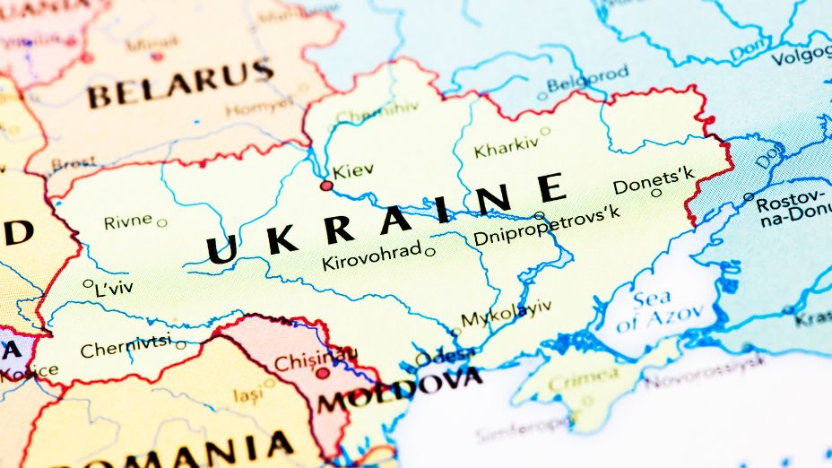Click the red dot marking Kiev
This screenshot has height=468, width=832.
(x=326, y=186)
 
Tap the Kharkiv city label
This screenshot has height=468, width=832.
(x=507, y=148)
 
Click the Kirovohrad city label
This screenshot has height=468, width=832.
(x=371, y=257)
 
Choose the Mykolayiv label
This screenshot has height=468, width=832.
(x=506, y=314)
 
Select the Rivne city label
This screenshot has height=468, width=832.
(x=128, y=221)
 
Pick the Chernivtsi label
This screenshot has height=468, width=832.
(x=126, y=347)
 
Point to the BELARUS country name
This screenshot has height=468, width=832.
(x=179, y=82)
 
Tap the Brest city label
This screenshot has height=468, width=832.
(x=73, y=164)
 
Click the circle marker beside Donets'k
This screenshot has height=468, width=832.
(x=656, y=192)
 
